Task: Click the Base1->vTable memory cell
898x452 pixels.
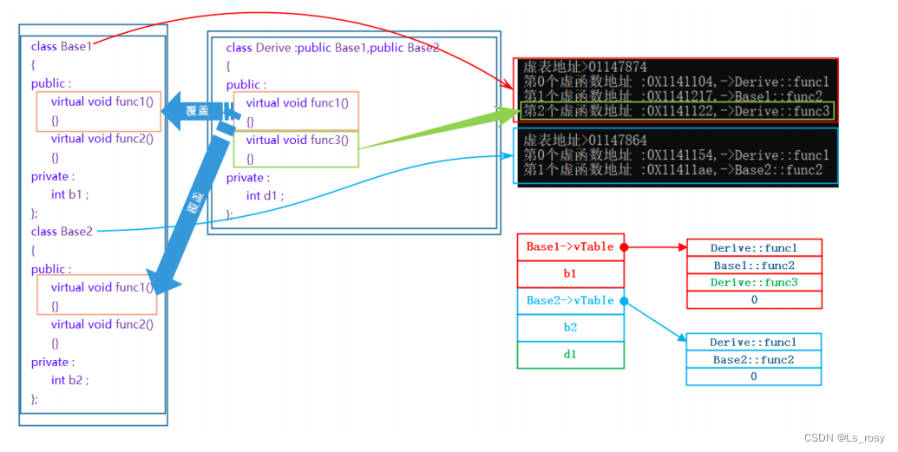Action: [570, 247]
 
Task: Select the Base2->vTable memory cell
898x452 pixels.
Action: [570, 301]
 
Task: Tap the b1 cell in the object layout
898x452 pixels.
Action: [570, 274]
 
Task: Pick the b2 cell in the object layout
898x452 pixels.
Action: [570, 328]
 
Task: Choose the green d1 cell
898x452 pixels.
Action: [570, 355]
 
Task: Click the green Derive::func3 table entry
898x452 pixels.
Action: [753, 283]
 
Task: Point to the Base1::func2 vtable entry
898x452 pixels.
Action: [753, 265]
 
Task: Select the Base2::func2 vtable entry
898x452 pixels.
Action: [753, 359]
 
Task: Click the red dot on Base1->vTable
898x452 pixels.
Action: [624, 247]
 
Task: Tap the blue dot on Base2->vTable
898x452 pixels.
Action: [624, 301]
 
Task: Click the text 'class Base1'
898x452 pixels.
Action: [61, 46]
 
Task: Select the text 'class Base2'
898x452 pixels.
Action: [61, 232]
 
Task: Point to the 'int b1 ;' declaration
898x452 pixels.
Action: [69, 194]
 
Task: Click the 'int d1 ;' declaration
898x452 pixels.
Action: [265, 196]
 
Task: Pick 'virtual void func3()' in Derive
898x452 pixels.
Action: [297, 140]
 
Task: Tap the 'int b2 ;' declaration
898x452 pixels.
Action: [69, 380]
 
